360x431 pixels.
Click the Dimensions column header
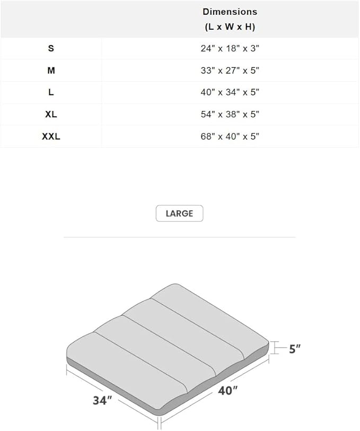tap(230, 12)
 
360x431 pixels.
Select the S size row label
tap(51, 48)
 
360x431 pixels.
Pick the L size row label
tap(51, 92)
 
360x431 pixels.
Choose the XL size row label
tap(51, 115)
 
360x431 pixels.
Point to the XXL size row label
tap(51, 136)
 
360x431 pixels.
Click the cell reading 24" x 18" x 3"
tap(230, 48)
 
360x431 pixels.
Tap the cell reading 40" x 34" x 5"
tap(230, 92)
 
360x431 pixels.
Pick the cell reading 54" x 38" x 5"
tap(230, 115)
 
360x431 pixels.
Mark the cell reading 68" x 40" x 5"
tap(230, 136)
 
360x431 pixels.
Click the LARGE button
tap(179, 213)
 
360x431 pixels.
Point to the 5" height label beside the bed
tap(295, 349)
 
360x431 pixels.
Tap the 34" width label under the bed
tap(102, 400)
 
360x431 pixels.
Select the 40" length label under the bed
tap(227, 391)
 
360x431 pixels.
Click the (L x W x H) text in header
tap(230, 27)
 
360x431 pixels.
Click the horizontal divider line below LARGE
tap(179, 237)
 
